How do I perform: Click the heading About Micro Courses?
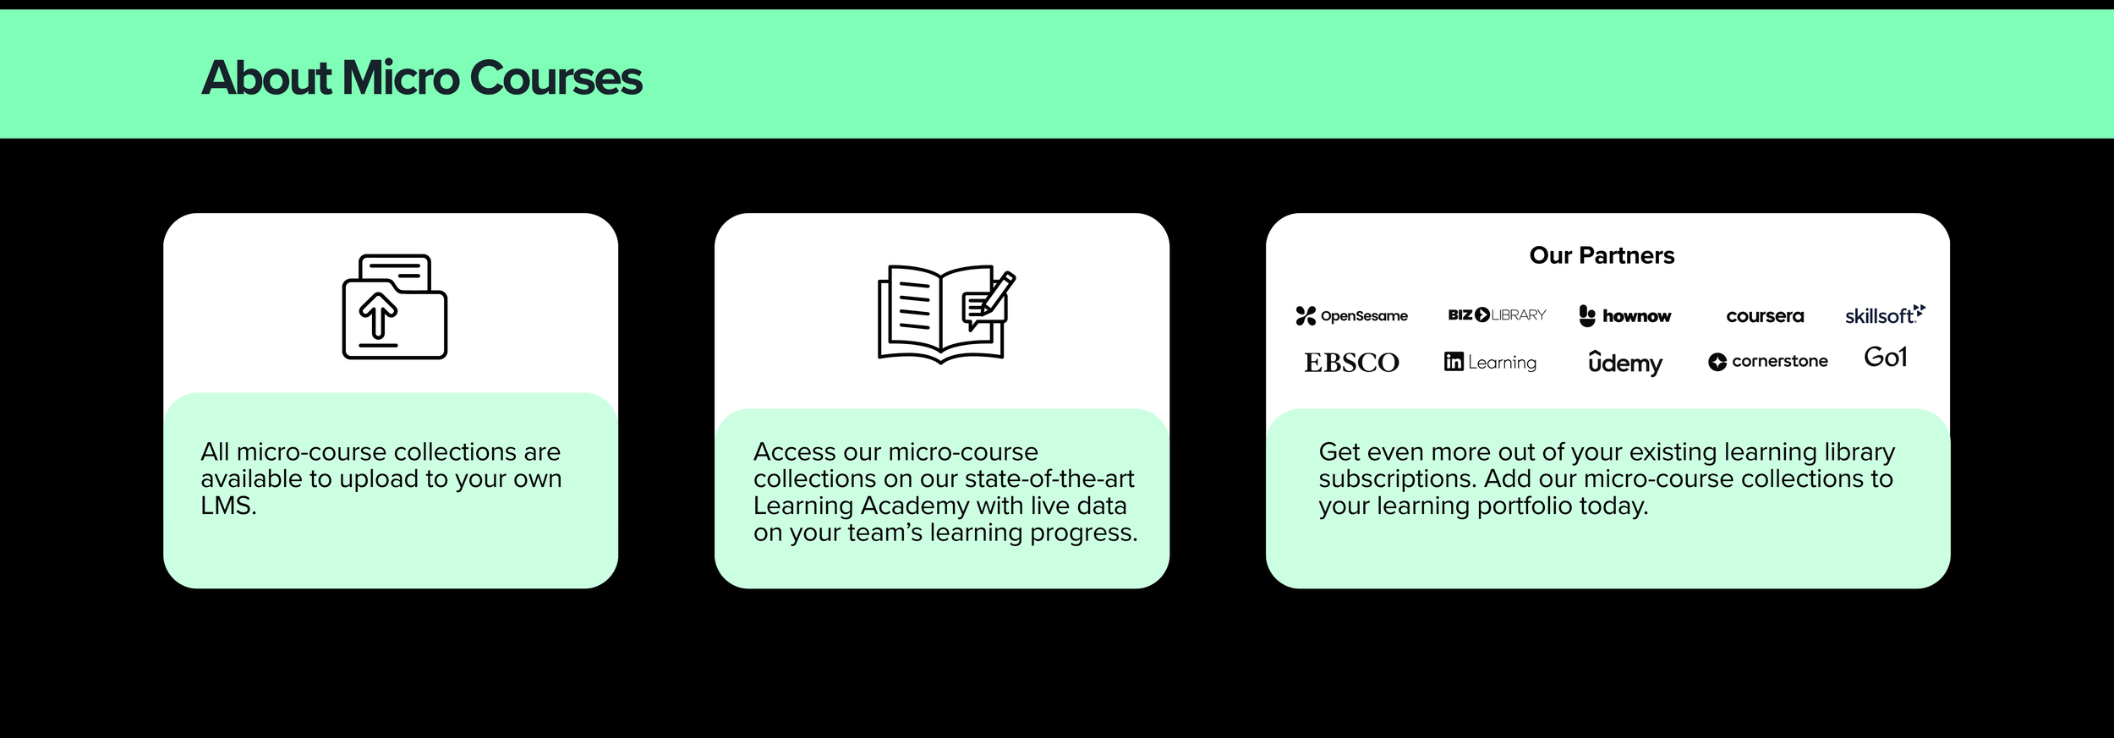point(422,78)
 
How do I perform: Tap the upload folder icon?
point(394,307)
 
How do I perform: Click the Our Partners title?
point(1602,255)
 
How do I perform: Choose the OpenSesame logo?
point(1351,316)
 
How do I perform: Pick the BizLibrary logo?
point(1497,315)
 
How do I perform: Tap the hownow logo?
point(1624,316)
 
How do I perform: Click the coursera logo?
point(1765,316)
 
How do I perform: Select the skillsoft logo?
point(1884,315)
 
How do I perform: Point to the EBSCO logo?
point(1351,363)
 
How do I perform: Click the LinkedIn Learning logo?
point(1490,362)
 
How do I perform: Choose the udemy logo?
point(1624,363)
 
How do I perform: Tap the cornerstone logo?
point(1767,362)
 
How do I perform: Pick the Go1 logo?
point(1885,358)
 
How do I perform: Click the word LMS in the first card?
point(227,506)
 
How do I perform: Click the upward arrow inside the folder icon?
point(378,314)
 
